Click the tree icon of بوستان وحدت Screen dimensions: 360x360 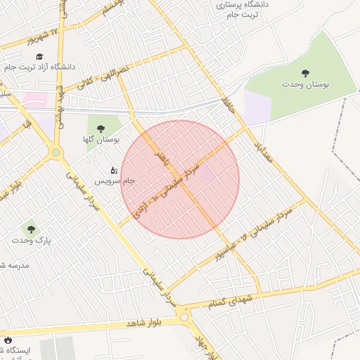pos(305,72)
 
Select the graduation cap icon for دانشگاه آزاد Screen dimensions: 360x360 pos(39,56)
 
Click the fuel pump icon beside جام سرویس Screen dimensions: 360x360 pos(114,169)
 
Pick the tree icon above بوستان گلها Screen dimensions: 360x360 pos(101,129)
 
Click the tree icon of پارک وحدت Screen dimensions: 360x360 pos(30,229)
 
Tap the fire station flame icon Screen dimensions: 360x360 pos(8,340)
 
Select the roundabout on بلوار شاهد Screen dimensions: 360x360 pos(185,317)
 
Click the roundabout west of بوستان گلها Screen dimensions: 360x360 pos(56,152)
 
